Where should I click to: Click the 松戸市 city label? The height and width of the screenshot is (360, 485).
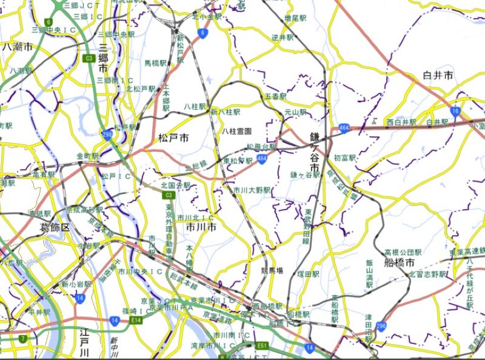click(173, 139)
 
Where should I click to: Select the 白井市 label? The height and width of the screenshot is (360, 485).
click(438, 76)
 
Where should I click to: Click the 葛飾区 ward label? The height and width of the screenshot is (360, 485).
click(55, 227)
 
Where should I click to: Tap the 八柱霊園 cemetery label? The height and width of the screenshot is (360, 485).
click(236, 131)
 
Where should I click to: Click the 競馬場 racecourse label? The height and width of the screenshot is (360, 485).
click(272, 270)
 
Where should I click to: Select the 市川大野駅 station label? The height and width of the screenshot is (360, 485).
click(252, 190)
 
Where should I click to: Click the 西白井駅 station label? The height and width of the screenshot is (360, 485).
click(401, 122)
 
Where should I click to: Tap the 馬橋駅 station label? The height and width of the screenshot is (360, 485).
click(155, 63)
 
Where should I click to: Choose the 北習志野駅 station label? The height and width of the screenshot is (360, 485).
click(427, 275)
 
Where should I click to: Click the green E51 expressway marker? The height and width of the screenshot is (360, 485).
click(262, 346)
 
